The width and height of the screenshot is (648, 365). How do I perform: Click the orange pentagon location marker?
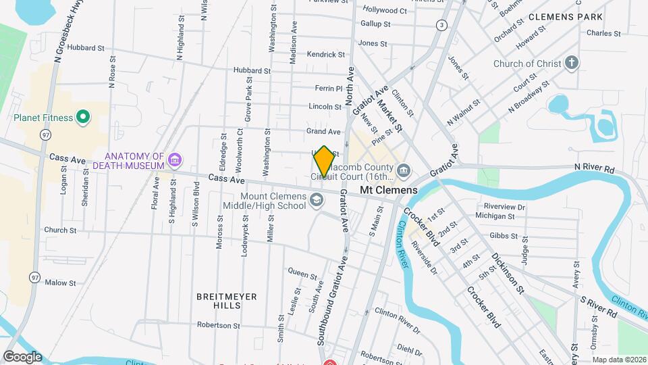click(324, 162)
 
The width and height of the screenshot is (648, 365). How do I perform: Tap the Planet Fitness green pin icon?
click(83, 118)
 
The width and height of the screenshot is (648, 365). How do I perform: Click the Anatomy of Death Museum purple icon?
click(175, 160)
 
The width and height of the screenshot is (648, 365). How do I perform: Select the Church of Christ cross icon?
click(572, 64)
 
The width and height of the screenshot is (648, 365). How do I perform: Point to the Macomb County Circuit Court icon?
click(404, 170)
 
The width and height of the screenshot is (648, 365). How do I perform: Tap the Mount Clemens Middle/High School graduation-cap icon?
click(317, 199)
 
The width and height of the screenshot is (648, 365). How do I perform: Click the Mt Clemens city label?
click(388, 191)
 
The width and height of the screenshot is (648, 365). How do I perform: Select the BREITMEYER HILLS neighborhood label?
click(218, 301)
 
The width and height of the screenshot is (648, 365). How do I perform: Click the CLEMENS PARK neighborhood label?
click(575, 16)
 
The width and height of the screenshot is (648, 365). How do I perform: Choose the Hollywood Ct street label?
click(385, 10)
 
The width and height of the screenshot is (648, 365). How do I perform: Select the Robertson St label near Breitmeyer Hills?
click(219, 325)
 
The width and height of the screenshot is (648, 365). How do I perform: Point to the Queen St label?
click(302, 275)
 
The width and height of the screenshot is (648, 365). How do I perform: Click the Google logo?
click(22, 356)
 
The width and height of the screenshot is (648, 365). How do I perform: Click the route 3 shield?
click(441, 25)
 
